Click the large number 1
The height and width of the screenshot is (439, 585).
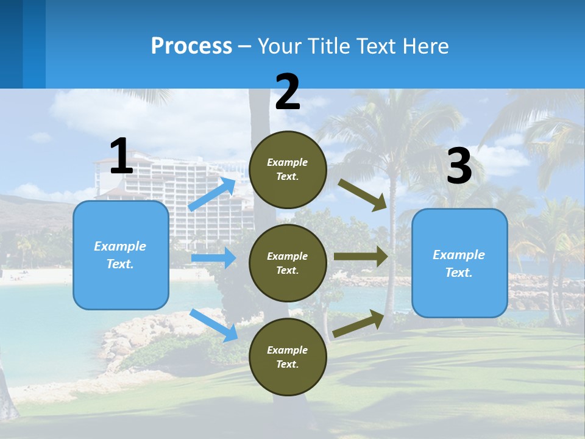[x=121, y=156]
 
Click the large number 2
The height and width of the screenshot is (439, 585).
[x=288, y=92]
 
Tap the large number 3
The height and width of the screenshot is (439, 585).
[x=459, y=166]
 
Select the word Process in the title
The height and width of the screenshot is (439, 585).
[x=191, y=46]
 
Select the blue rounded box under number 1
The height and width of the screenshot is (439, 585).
[x=121, y=255]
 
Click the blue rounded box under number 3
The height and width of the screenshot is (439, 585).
[x=459, y=263]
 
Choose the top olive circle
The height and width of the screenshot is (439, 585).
[x=288, y=170]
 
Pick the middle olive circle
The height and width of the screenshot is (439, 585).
[x=288, y=263]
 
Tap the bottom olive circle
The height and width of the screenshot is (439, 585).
[x=288, y=357]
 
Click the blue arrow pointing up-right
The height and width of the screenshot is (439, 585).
[x=212, y=195]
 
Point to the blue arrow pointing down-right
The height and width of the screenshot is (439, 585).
[x=214, y=325]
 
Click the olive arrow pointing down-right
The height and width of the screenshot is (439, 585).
[x=363, y=195]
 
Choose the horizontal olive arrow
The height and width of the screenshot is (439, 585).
[x=360, y=257]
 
